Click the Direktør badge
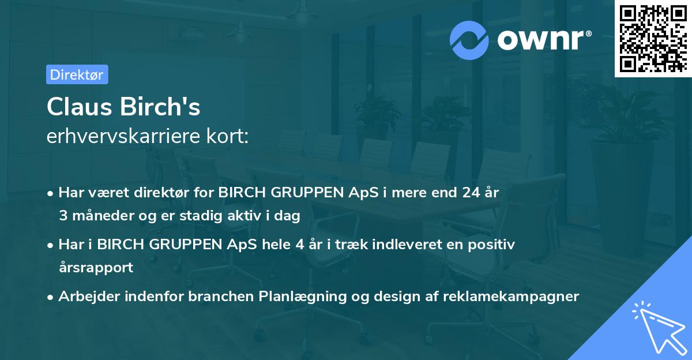click(x=77, y=74)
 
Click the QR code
click(x=652, y=38)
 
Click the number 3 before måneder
click(x=62, y=216)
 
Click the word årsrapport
click(x=96, y=268)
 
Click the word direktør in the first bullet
click(x=163, y=192)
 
